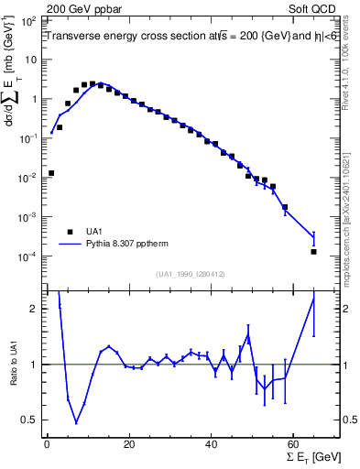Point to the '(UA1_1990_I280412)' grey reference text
pyautogui.click(x=179, y=274)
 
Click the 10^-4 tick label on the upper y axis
pyautogui.click(x=31, y=256)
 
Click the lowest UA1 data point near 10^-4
pyautogui.click(x=313, y=251)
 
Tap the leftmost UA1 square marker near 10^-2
pyautogui.click(x=51, y=172)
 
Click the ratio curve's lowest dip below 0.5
pyautogui.click(x=76, y=422)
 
